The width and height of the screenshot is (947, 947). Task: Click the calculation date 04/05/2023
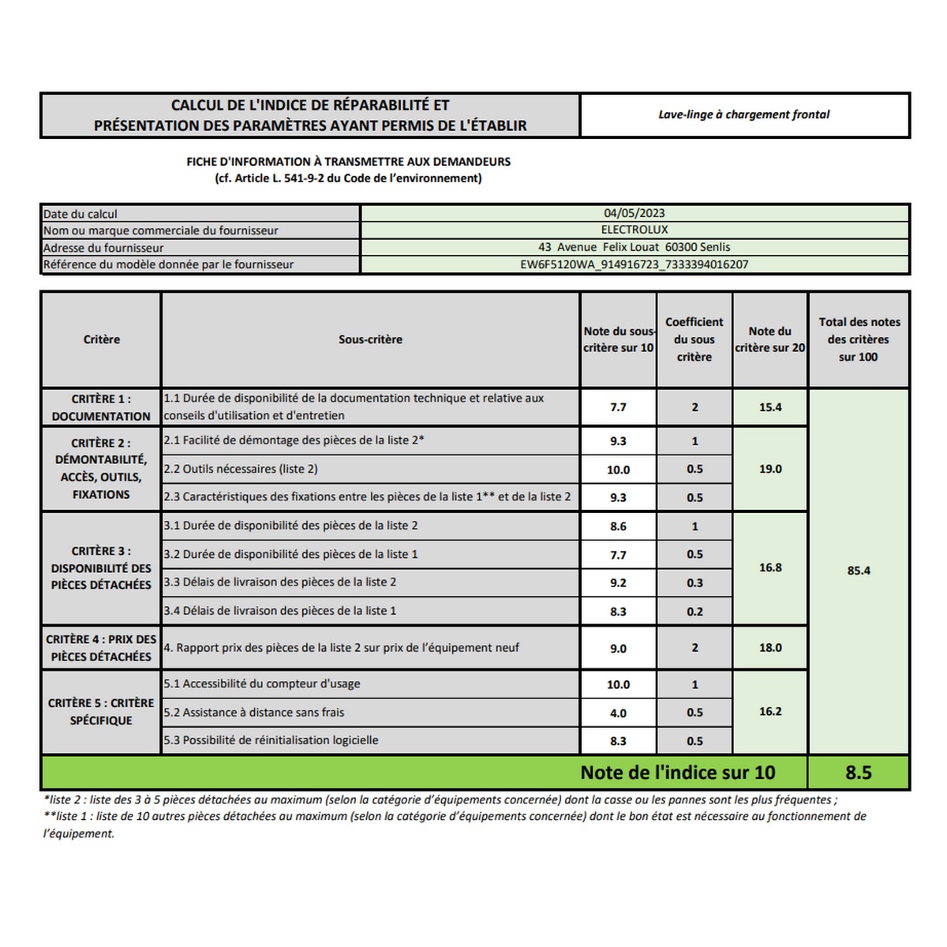tap(634, 213)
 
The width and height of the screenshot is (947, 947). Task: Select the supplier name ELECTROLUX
tap(634, 230)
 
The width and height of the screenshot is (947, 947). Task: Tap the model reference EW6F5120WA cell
tap(634, 264)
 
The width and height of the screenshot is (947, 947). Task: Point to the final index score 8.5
tap(859, 773)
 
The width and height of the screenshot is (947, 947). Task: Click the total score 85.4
tap(859, 571)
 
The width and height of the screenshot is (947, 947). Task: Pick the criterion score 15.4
tap(770, 407)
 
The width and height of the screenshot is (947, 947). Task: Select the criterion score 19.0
tap(770, 469)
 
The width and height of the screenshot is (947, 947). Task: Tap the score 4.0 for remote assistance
tap(618, 713)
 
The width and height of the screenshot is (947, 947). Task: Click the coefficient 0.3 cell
tap(694, 583)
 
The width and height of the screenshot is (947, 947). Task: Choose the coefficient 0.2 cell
tap(694, 612)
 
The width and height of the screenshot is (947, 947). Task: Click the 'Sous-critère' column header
tap(370, 339)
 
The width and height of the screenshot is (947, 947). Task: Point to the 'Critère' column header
tap(102, 339)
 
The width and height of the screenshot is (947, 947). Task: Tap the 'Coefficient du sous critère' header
tap(694, 339)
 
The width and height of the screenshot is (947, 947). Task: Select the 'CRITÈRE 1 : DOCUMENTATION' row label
tap(101, 407)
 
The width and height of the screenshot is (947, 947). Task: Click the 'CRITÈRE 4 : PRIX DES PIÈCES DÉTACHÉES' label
tap(101, 648)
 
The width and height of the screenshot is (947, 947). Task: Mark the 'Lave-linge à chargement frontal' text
tap(744, 114)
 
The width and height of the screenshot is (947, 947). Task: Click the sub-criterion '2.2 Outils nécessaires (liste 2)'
tap(241, 469)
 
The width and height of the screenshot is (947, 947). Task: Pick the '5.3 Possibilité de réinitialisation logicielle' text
tap(271, 740)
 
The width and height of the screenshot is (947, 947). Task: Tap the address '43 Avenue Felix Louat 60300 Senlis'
tap(634, 247)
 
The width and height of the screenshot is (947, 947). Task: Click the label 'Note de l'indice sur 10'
tap(677, 773)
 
